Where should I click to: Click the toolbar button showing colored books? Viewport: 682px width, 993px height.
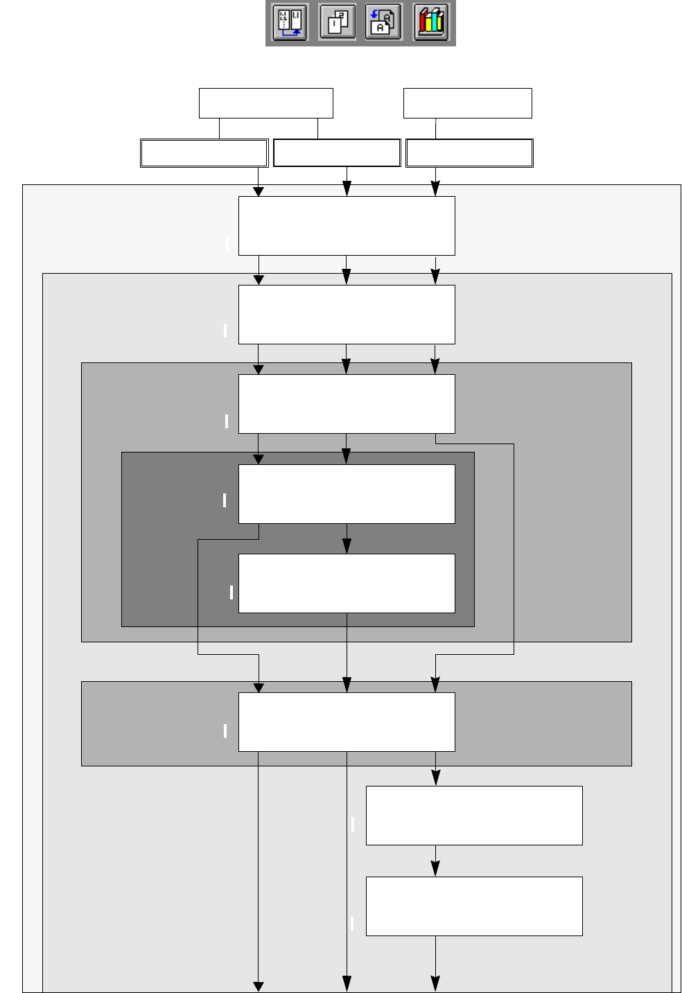click(430, 23)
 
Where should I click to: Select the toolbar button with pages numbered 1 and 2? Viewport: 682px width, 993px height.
click(338, 23)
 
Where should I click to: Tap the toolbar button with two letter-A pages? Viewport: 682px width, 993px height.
click(383, 23)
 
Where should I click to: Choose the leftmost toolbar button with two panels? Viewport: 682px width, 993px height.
click(290, 23)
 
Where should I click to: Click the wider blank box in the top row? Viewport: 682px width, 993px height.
click(265, 103)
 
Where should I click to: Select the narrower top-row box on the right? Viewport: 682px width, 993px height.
click(467, 103)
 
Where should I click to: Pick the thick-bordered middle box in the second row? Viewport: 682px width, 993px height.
click(337, 153)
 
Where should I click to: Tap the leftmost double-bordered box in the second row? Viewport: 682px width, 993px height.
click(204, 153)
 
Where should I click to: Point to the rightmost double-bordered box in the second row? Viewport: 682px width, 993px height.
click(469, 153)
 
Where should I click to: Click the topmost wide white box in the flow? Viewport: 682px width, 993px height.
click(347, 226)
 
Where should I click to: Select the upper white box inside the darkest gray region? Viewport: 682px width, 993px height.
click(347, 494)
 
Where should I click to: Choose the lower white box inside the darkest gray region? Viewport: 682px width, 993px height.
click(347, 583)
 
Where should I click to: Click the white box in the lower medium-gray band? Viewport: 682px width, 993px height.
click(347, 722)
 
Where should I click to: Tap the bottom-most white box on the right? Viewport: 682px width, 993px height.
click(474, 906)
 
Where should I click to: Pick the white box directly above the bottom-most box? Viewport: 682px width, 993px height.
click(474, 816)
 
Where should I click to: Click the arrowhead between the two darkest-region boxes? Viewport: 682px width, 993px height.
click(347, 547)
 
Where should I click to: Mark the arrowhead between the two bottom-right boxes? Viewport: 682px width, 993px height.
click(435, 869)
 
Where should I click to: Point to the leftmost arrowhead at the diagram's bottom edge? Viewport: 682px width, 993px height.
click(259, 985)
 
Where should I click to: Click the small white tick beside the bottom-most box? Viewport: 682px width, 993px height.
click(352, 923)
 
